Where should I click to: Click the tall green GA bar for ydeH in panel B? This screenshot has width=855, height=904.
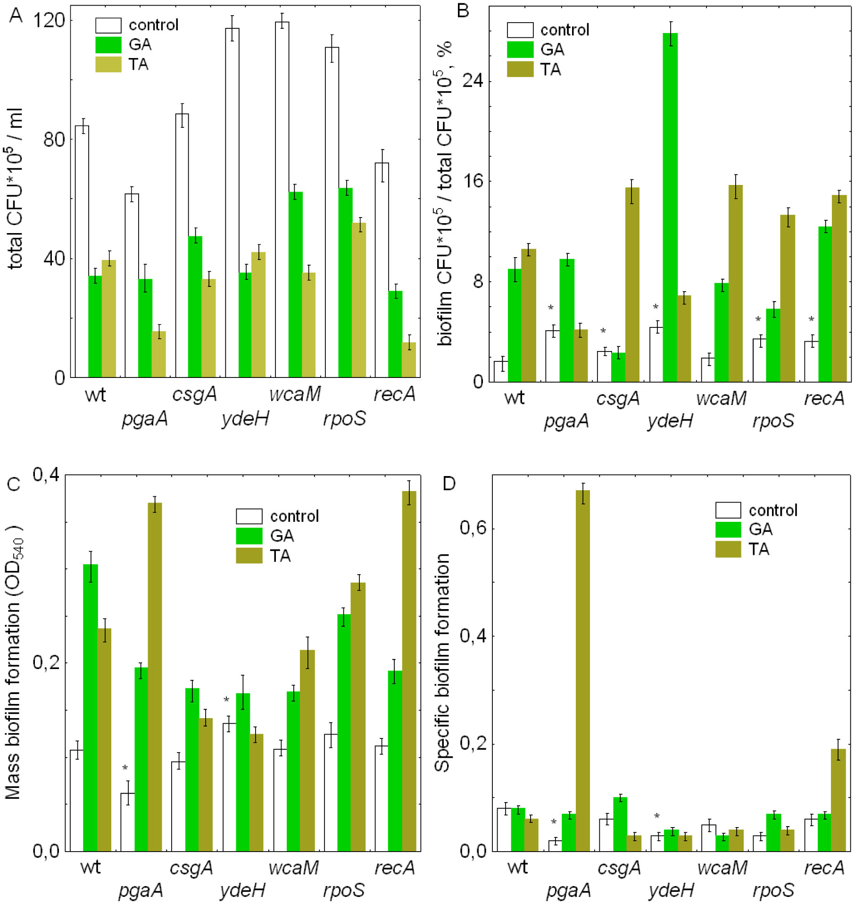click(x=670, y=208)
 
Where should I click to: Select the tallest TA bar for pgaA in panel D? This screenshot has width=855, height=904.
click(x=582, y=670)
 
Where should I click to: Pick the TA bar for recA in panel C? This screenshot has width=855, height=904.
click(x=409, y=670)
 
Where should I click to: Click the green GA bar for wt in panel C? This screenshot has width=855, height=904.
click(x=90, y=707)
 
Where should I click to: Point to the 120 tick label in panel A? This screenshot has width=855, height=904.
click(x=48, y=20)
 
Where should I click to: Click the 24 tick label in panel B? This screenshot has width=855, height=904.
click(x=473, y=81)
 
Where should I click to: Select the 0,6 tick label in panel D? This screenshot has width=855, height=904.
click(x=473, y=527)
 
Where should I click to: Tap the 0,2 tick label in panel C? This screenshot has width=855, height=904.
click(x=46, y=663)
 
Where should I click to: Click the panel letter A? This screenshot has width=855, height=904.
click(x=16, y=16)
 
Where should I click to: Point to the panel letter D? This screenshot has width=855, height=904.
click(x=449, y=484)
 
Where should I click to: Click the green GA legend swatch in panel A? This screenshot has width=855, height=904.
click(x=108, y=45)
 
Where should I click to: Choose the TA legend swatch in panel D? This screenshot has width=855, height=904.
click(x=728, y=549)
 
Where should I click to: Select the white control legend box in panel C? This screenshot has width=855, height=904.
click(x=249, y=516)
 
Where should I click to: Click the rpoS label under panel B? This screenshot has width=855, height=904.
click(x=773, y=420)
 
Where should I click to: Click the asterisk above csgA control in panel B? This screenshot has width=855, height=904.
click(x=603, y=331)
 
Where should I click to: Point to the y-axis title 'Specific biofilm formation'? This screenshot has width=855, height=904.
click(x=442, y=663)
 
